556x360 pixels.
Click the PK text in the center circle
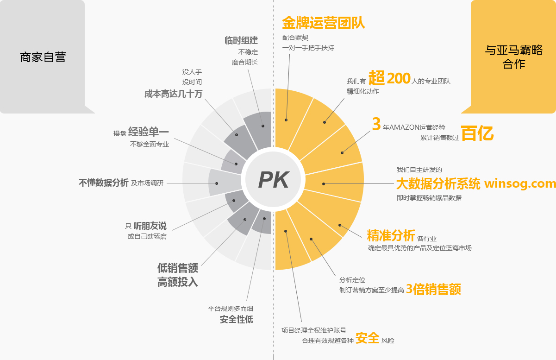[274, 180]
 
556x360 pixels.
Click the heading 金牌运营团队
[324, 23]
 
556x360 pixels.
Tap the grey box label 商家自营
[43, 57]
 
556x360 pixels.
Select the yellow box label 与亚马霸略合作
[514, 57]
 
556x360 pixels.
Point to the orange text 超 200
[389, 78]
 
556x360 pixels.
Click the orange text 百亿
[477, 133]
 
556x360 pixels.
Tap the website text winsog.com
[520, 183]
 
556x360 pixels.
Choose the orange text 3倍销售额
[433, 289]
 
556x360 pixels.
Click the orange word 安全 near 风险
[368, 338]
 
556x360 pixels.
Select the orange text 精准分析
[391, 235]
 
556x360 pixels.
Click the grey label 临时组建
[241, 40]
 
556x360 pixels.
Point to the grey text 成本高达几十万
[173, 94]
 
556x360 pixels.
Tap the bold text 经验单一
[149, 132]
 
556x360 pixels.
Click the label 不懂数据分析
[104, 183]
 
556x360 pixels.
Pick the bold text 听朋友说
[150, 226]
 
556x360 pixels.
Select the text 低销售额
[178, 268]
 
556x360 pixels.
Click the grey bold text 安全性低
[237, 320]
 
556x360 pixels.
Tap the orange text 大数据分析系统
[438, 184]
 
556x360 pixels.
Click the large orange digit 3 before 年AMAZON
[376, 124]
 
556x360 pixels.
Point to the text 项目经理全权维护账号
[314, 330]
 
